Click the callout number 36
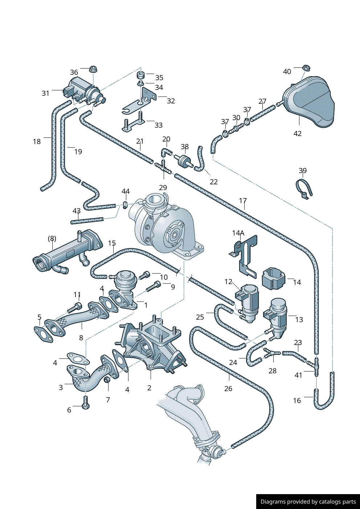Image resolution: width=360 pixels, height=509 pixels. (x=74, y=72)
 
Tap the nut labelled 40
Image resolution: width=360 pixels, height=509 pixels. (x=306, y=67)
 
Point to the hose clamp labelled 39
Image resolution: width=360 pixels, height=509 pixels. (x=304, y=188)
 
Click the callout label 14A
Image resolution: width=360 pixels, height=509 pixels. (x=238, y=233)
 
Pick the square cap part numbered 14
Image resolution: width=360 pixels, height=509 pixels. (x=273, y=279)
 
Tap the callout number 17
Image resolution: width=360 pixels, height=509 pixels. (x=243, y=201)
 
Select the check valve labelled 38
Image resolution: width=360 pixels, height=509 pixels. (x=184, y=160)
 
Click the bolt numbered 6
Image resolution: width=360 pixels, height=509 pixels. (x=86, y=402)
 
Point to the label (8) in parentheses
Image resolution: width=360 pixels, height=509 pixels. (x=52, y=238)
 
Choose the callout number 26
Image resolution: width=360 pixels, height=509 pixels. (x=228, y=389)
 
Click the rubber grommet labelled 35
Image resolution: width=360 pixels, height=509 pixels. (x=141, y=75)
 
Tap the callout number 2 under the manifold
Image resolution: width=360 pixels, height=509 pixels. (x=149, y=388)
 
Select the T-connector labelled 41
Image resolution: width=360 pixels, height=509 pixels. (x=316, y=368)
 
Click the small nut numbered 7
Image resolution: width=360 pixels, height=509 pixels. (x=107, y=380)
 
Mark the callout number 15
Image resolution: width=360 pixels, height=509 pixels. (x=112, y=243)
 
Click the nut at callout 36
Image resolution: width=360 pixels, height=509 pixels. (x=93, y=69)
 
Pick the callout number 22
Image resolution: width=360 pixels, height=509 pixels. (x=214, y=182)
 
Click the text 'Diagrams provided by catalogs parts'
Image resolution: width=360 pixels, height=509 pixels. (x=308, y=502)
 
